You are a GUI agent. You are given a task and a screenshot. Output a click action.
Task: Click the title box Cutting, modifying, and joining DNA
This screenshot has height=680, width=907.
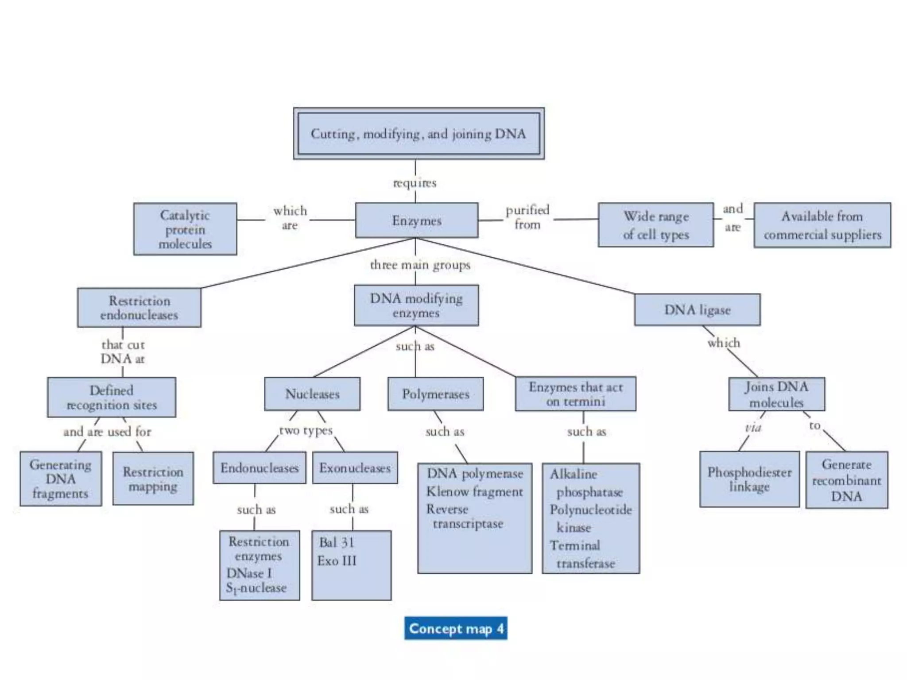pos(419,133)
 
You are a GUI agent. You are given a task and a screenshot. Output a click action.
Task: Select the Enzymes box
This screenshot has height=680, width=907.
pos(416,220)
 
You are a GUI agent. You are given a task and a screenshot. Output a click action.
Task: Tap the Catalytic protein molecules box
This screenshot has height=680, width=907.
pos(185,229)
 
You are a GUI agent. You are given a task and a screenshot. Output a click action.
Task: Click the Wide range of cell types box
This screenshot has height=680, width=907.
pos(655,225)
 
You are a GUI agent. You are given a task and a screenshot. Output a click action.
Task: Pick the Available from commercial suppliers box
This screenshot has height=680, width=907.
pos(822,225)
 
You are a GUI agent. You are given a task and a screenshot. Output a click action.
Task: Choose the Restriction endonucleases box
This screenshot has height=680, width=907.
pos(139,308)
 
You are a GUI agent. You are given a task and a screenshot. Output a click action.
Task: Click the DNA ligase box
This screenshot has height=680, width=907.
pos(697,309)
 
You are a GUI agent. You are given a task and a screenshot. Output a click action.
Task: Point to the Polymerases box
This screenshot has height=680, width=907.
pos(435,394)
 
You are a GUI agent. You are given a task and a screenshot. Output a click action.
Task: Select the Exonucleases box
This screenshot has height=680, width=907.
pos(355,467)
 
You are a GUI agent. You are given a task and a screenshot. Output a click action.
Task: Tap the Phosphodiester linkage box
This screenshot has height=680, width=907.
pos(749,479)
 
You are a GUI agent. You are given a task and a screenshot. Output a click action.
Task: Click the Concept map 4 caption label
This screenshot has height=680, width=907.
pos(456,628)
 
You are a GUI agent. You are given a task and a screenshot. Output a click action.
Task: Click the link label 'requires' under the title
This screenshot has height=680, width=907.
pos(415,182)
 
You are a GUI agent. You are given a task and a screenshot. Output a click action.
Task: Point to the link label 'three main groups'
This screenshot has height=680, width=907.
pos(420,265)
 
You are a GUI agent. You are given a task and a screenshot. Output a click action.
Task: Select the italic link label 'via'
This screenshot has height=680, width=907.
pos(753,428)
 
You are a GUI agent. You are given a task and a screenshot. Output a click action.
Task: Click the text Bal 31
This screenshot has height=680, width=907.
pos(337,542)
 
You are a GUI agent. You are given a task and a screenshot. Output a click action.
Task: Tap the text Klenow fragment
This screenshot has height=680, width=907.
pos(474,491)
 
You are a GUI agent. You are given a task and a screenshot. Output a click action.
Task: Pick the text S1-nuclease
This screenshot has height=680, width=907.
pos(256,588)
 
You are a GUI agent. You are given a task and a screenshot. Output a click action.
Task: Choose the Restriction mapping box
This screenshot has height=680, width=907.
pos(153,479)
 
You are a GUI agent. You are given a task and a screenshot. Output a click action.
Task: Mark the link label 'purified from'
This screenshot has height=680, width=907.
pos(527,217)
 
